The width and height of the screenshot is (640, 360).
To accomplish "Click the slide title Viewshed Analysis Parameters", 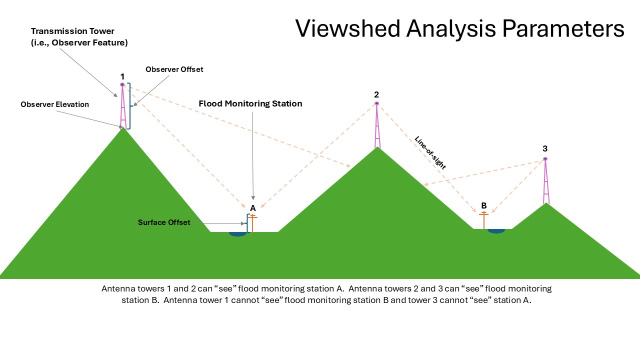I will [459, 29].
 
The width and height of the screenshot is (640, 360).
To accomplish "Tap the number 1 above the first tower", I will [122, 76].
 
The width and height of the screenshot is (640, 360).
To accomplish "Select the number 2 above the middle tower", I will [376, 94].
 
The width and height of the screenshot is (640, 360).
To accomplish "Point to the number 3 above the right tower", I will [545, 148].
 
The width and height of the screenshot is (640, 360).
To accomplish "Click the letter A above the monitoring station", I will [253, 207].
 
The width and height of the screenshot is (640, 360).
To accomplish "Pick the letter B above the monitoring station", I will [483, 205].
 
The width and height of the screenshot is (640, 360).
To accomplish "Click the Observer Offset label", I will [174, 69].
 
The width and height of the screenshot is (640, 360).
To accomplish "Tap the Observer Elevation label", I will [54, 104].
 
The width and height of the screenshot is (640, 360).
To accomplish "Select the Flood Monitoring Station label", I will [250, 104].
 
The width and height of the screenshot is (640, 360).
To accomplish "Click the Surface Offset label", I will [164, 222].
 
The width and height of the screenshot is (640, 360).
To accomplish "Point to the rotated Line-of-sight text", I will [430, 152].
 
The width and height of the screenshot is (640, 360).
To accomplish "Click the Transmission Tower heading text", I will [72, 31].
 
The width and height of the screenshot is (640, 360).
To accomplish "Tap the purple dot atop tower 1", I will [122, 84].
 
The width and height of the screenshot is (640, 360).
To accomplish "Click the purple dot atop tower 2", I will [376, 103].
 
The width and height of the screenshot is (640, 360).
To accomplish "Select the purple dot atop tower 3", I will [545, 159].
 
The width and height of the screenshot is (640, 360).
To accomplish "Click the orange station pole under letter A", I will [253, 223].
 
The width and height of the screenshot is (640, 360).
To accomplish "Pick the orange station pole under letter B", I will [483, 220].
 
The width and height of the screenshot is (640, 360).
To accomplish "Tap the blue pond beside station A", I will [237, 233].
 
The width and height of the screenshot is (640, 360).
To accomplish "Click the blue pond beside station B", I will [495, 231].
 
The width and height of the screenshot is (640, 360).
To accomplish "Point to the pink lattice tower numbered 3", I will [546, 182].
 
